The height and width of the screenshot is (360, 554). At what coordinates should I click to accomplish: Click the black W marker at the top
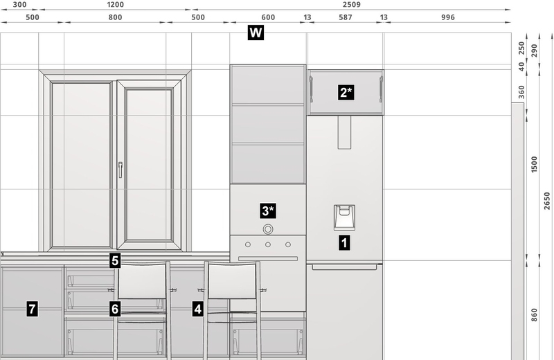coord(256,33)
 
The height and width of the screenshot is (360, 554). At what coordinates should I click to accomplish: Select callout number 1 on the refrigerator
coord(344,243)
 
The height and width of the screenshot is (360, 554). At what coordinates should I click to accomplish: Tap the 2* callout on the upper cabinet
coord(346,93)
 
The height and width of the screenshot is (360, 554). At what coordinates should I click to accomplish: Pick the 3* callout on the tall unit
coord(268,211)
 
